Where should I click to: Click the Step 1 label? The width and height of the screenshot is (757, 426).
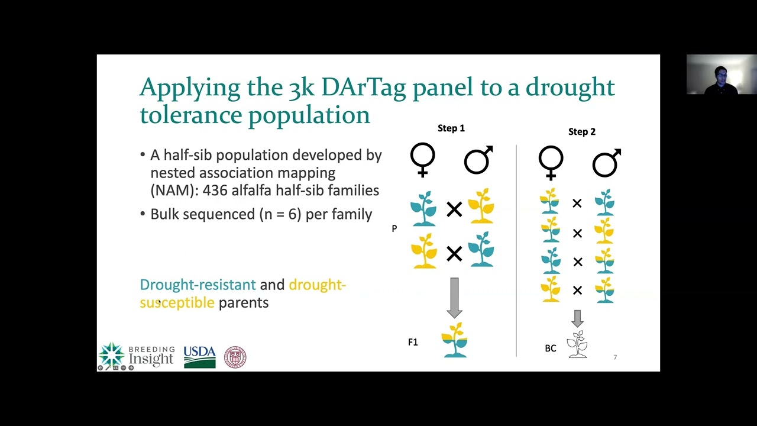coord(451,128)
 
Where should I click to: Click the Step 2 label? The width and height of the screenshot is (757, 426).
coord(581,131)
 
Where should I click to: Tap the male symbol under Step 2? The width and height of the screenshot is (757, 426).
coord(606,162)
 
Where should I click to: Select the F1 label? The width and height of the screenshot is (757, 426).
coord(413,342)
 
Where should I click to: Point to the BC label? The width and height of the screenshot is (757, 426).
coord(550,348)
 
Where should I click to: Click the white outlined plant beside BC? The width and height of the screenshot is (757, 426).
coord(577,344)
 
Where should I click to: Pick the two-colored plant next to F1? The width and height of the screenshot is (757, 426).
coord(455,340)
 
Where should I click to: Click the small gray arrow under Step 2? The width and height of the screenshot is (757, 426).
coord(577,318)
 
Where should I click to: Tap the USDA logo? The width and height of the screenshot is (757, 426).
coord(199,357)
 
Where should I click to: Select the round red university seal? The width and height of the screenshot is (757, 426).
coord(235,357)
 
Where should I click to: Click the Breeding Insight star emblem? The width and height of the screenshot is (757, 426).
coord(112,354)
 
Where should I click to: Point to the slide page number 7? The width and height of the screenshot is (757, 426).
coord(615,357)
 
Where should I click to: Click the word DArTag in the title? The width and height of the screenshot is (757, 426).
coord(364,87)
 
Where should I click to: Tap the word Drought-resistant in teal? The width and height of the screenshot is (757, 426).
coord(198,285)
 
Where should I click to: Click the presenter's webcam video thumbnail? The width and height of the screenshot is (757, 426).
coord(721,75)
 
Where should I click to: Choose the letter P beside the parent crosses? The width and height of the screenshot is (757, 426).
coord(394,228)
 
